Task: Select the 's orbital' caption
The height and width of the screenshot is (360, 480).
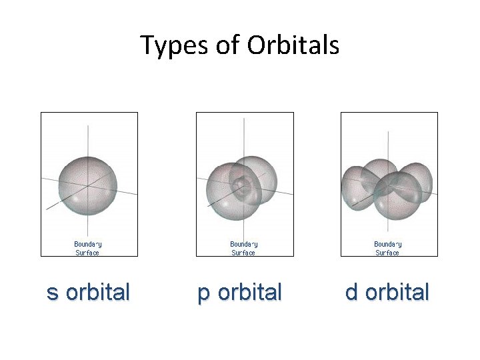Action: [x=88, y=293]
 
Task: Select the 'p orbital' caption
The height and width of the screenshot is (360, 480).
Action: [x=240, y=293]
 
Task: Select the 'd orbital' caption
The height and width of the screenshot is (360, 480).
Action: [x=387, y=293]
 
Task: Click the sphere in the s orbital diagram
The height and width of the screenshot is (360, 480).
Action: [x=87, y=184]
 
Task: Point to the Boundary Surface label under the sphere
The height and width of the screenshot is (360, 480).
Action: [x=87, y=249]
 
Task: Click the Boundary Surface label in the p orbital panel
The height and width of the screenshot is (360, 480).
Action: [x=243, y=249]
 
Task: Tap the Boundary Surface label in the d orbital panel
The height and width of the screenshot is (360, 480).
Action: [x=387, y=249]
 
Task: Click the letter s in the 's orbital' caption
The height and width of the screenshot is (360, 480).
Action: [x=52, y=293]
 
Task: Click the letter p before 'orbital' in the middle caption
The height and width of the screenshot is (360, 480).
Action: [x=203, y=294]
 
